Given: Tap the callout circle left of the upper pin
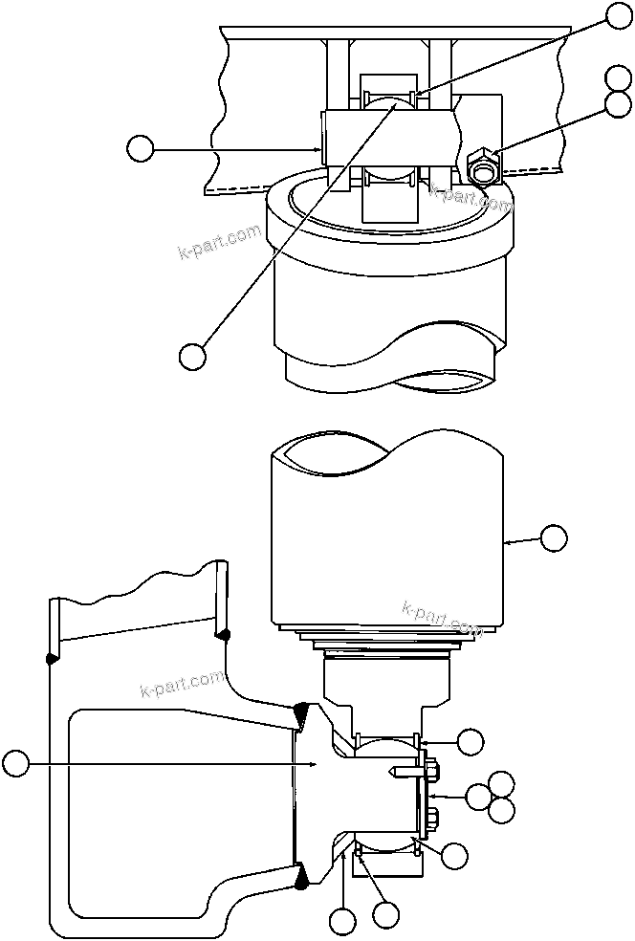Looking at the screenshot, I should tap(141, 148).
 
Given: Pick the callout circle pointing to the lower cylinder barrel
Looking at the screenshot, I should tap(554, 538).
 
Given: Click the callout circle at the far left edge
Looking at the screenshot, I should tap(15, 763).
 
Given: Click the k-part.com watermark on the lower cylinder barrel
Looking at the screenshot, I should tap(442, 618).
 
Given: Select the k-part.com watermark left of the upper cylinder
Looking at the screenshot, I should tap(220, 242).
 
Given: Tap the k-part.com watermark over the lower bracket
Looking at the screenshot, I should tap(182, 682).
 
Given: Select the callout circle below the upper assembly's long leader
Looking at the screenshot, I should tap(192, 356).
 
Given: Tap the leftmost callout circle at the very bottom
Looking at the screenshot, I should tap(342, 923).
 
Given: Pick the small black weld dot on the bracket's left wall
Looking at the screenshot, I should tap(51, 657).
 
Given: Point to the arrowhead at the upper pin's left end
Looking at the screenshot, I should tap(320, 148).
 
